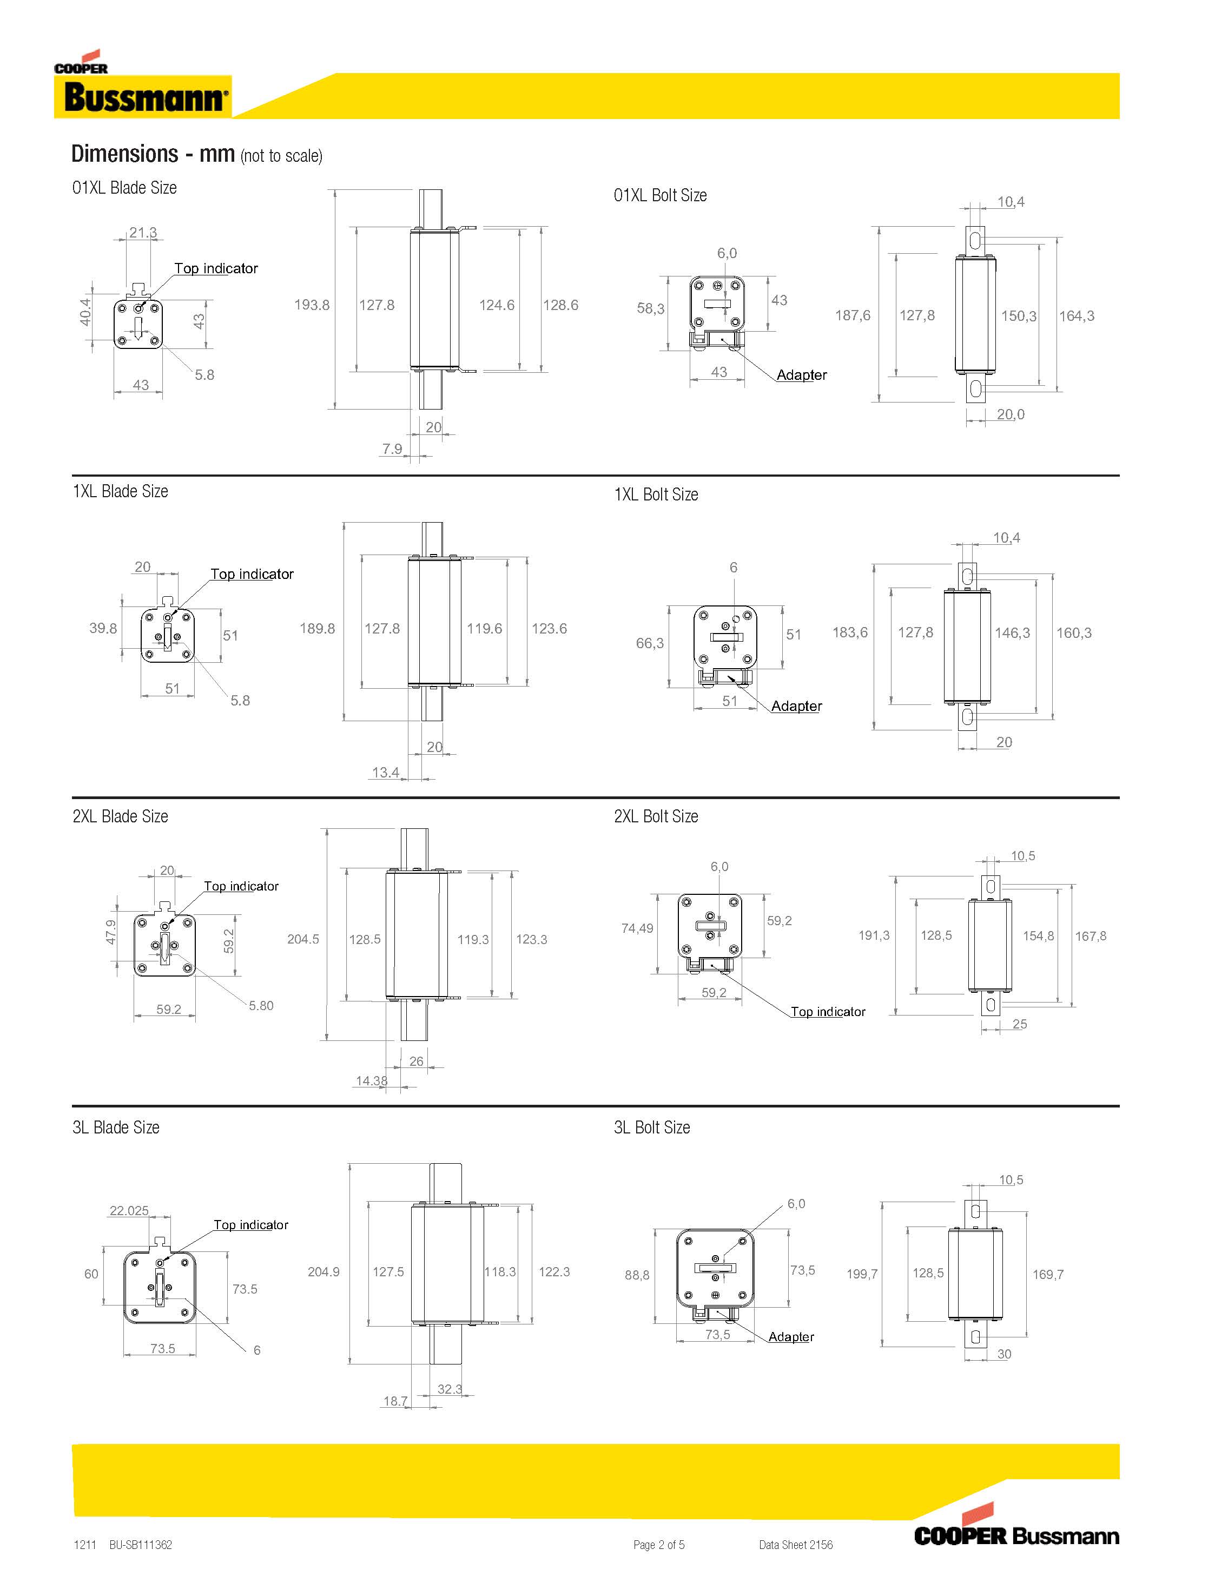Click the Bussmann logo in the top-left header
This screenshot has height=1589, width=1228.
click(x=143, y=96)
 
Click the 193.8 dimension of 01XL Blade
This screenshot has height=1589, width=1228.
click(x=312, y=305)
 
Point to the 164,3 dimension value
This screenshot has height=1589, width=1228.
click(x=1076, y=316)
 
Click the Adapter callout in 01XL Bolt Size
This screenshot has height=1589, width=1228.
click(x=801, y=375)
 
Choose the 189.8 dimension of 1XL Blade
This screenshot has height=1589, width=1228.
click(x=317, y=628)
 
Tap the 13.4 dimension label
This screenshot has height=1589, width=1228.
click(x=386, y=772)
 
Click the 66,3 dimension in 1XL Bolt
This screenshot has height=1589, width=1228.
click(x=650, y=643)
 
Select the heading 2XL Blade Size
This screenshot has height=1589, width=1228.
click(x=120, y=816)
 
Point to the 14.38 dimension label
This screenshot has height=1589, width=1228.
click(x=371, y=1080)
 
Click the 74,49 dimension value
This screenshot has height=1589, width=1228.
click(x=637, y=928)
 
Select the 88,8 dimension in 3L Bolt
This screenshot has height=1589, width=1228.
click(x=637, y=1275)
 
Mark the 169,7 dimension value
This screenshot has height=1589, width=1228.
click(x=1047, y=1274)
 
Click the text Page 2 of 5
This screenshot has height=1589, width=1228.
click(x=658, y=1544)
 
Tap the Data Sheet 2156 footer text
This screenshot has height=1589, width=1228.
click(x=795, y=1544)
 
